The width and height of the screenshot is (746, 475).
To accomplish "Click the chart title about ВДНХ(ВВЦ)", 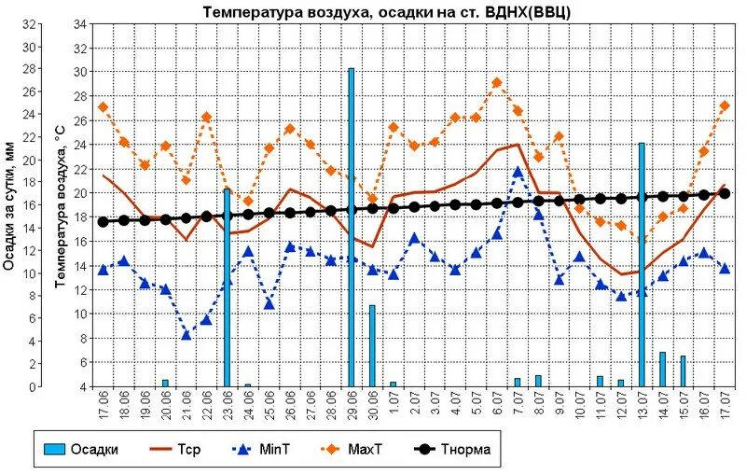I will coord(387,11).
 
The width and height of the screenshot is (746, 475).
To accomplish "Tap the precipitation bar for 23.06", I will coord(227,286).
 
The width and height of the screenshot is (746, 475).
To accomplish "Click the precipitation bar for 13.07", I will coord(642,264).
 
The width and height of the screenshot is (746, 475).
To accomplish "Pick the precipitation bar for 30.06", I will coord(372,345).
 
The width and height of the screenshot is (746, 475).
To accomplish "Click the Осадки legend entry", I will coord(84,450).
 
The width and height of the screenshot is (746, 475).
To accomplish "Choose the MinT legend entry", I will coord(260,450).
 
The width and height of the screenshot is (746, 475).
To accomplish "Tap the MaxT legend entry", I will coord(350,450).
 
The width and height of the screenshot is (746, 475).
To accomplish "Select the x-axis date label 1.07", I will coord(394,405).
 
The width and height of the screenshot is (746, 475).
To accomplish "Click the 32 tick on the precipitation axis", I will coord(32,24).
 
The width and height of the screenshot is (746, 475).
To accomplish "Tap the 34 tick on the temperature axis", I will coord(80,23).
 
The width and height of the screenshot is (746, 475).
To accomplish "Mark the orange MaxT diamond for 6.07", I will coord(497,83).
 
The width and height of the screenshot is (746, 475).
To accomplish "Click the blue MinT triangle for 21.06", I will coord(186,334).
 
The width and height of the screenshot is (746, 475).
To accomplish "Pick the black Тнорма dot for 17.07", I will coord(725,193).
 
